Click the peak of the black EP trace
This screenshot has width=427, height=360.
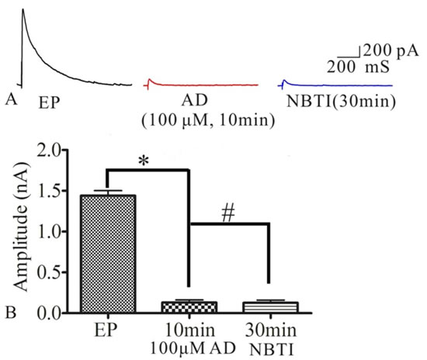[x=23, y=9]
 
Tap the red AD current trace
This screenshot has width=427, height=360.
[x=201, y=85]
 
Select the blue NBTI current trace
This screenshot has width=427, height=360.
[x=335, y=85]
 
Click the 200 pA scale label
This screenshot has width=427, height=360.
[x=391, y=50]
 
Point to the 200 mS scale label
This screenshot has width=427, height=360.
[x=358, y=67]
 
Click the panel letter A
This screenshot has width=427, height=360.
[x=11, y=99]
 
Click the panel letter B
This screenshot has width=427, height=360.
[x=11, y=313]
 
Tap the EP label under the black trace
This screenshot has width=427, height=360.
[x=49, y=103]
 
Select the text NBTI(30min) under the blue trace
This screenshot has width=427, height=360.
[x=341, y=101]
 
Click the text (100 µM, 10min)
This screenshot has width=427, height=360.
[x=208, y=120]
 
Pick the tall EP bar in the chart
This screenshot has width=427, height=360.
[x=108, y=254]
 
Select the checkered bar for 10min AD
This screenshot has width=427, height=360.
[x=189, y=307]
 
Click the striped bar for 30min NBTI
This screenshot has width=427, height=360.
[x=271, y=307]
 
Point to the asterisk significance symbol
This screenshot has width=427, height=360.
[x=144, y=161]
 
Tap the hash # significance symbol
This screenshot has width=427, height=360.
[x=228, y=213]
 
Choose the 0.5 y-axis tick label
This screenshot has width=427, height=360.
[x=49, y=272]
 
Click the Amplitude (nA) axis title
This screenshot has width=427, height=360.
[x=21, y=227]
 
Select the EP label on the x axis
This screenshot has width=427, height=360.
[x=106, y=330]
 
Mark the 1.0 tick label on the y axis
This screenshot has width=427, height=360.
[x=49, y=232]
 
